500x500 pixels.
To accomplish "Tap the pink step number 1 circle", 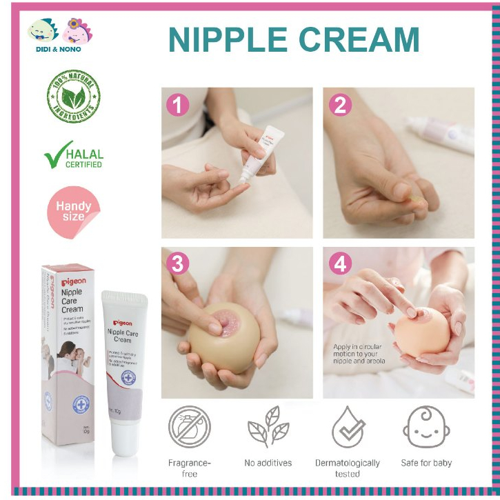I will point(178,105).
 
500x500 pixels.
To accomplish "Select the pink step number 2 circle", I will point(340,105).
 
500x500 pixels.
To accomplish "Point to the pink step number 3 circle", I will point(178,263).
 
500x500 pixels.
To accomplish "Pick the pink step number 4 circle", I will point(340,263).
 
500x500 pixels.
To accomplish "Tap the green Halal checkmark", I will point(55,154).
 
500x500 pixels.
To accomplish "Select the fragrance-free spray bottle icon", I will point(190,427).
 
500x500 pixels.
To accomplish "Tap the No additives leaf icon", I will point(268,427).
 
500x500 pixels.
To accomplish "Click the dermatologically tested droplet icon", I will point(348,427).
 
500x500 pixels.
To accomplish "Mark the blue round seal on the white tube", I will point(130,377).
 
